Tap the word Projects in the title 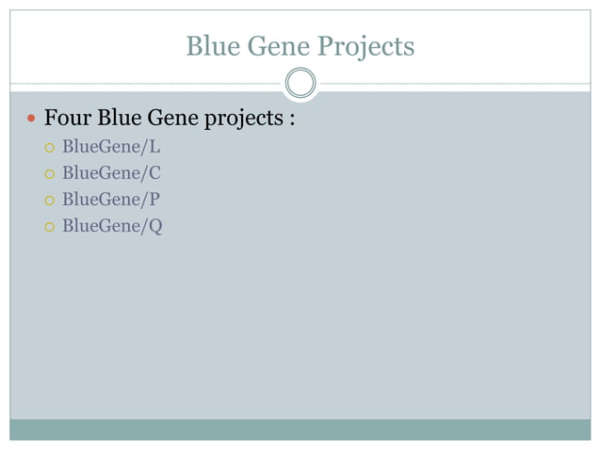tap(365, 47)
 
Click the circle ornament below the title tap(300, 84)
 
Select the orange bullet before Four tap(31, 121)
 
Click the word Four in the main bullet tap(68, 120)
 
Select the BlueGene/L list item tap(111, 147)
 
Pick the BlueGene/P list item tap(111, 200)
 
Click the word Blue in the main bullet tap(119, 120)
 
